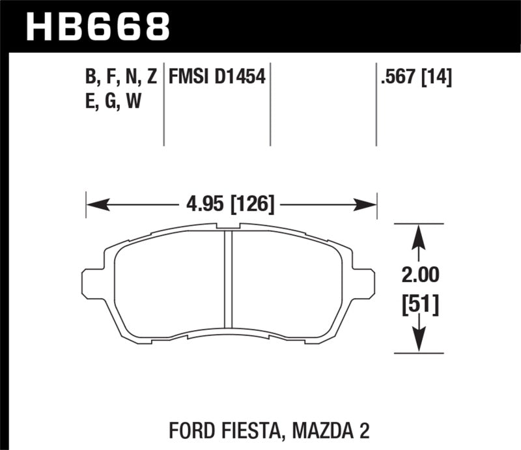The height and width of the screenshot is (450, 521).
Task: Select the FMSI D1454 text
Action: [216, 78]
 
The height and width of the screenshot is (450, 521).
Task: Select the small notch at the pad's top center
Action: [228, 227]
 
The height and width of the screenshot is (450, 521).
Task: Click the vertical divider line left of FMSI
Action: [163, 104]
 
